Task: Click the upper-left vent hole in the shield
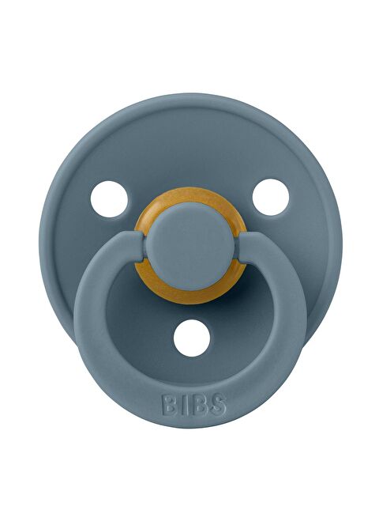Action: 109,198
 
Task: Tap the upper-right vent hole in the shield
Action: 271,197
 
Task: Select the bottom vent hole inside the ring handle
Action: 190,338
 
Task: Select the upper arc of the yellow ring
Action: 189,206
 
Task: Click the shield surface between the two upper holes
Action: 189,158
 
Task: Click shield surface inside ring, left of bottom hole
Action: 142,332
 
